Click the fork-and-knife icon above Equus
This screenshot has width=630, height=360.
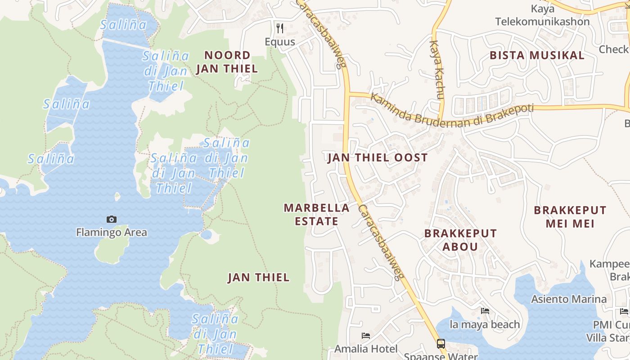point(280,28)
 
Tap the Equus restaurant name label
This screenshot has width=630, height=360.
point(280,42)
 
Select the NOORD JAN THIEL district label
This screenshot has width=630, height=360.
point(227,62)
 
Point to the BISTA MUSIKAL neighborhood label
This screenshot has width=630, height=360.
point(537,55)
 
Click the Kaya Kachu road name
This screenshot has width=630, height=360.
point(437,70)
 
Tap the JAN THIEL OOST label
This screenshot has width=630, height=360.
point(378,157)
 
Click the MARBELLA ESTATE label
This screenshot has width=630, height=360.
point(317,215)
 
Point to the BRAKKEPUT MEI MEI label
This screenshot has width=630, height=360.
point(570,217)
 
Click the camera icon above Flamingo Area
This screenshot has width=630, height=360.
point(112,219)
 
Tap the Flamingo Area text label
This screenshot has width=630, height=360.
point(112,233)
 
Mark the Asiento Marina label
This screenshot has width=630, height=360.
point(569,299)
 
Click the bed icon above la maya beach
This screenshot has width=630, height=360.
point(485,311)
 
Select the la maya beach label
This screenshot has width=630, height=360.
point(485,324)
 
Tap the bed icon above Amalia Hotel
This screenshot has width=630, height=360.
point(366,335)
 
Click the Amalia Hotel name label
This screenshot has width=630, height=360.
point(366,349)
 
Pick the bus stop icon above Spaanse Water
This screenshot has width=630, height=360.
point(441,344)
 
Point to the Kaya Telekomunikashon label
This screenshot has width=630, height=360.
point(542,15)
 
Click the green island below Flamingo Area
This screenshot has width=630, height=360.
point(112,250)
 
